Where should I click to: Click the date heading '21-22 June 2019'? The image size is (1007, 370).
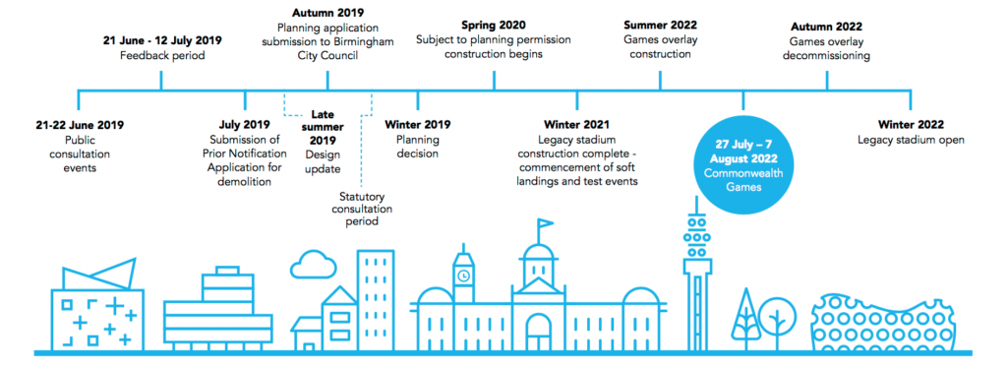pyautogui.click(x=80, y=125)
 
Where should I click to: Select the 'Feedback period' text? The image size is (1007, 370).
pyautogui.click(x=162, y=56)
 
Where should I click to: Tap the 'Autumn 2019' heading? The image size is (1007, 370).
pyautogui.click(x=327, y=13)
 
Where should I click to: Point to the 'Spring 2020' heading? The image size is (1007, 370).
pyautogui.click(x=494, y=26)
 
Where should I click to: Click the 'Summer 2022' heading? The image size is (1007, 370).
pyautogui.click(x=660, y=26)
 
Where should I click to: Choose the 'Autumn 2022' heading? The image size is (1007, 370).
pyautogui.click(x=826, y=27)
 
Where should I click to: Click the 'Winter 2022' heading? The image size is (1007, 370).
pyautogui.click(x=911, y=125)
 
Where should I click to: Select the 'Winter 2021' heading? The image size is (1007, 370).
pyautogui.click(x=576, y=125)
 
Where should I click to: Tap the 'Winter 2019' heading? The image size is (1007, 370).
pyautogui.click(x=417, y=125)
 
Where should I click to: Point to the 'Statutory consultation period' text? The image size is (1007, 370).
pyautogui.click(x=366, y=209)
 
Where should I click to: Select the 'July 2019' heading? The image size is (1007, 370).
pyautogui.click(x=245, y=125)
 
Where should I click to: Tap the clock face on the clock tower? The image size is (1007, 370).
pyautogui.click(x=463, y=277)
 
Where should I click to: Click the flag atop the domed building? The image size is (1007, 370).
pyautogui.click(x=545, y=223)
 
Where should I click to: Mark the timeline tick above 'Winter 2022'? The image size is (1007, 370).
pyautogui.click(x=911, y=99)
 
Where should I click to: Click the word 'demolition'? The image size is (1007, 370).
pyautogui.click(x=245, y=182)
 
